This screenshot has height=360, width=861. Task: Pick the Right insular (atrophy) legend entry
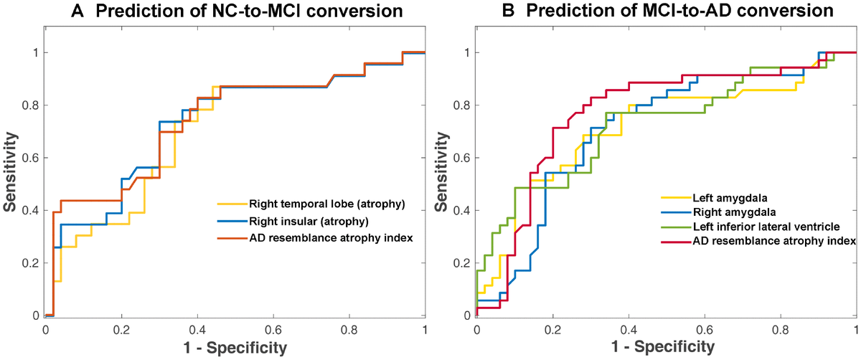pos(308,220)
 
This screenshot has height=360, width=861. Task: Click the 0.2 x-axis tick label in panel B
pos(552,331)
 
